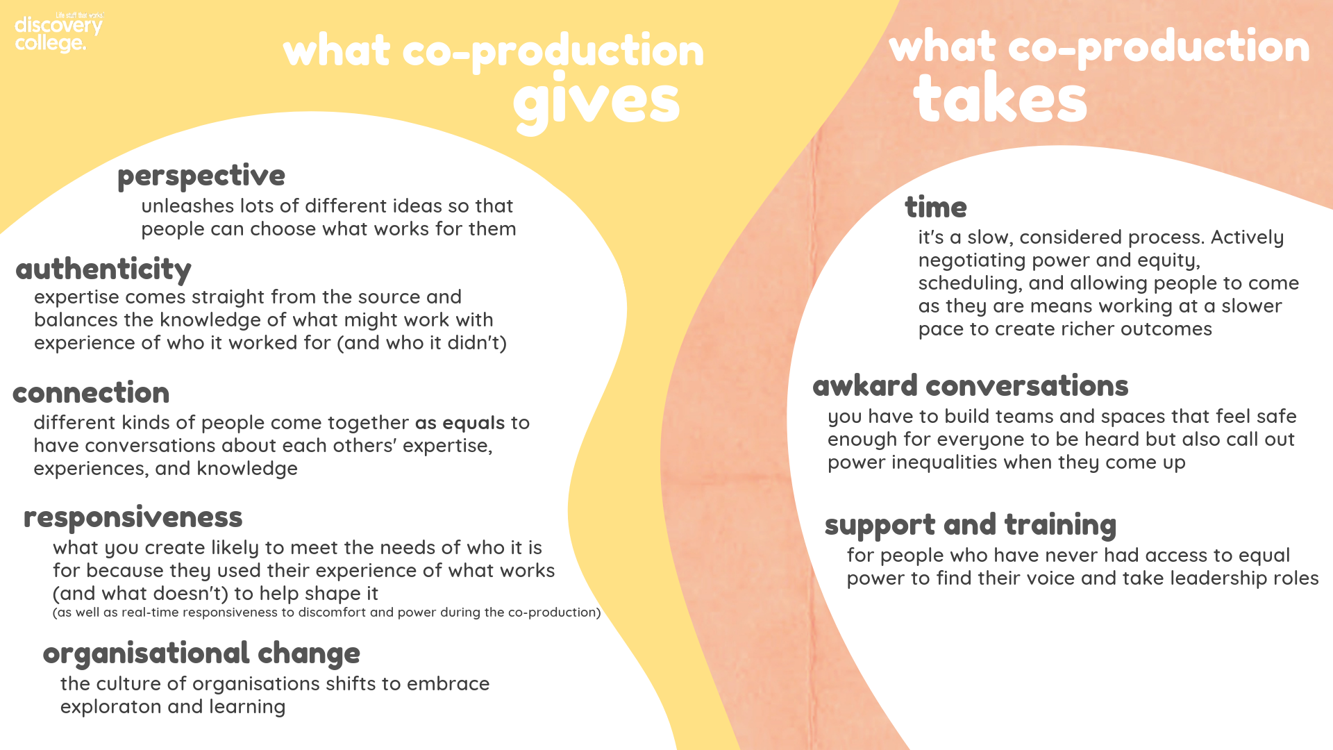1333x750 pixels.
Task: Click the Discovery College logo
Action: pos(59,33)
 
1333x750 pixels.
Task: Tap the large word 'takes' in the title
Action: pos(1000,98)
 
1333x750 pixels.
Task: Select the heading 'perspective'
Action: pos(201,176)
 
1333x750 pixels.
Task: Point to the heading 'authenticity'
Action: pos(103,269)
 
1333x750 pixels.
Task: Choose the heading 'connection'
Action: pos(91,393)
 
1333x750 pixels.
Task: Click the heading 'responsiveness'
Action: pos(133,518)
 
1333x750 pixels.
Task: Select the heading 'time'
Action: pos(936,207)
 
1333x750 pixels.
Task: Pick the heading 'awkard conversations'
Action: pos(971,386)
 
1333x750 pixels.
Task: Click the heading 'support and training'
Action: pos(971,526)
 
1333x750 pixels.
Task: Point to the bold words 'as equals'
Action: pos(460,423)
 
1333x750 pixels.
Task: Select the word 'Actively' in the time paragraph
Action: pos(1248,237)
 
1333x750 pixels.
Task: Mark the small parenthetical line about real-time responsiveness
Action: pos(327,612)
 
